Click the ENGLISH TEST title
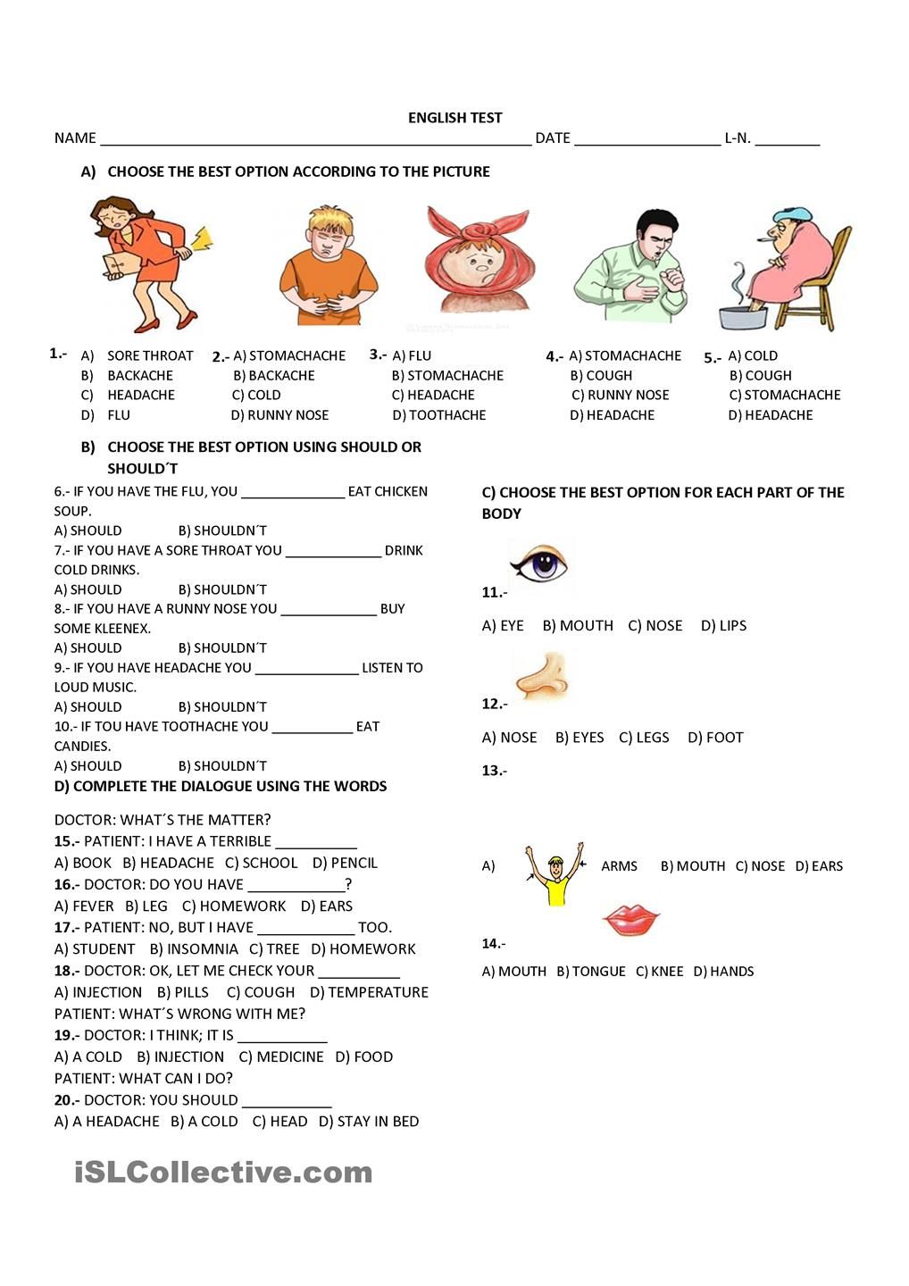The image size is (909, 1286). (x=454, y=118)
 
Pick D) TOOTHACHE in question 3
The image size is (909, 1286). (x=439, y=415)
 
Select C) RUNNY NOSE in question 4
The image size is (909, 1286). (x=620, y=396)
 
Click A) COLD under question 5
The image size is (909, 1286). (x=753, y=356)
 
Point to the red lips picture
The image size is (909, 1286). (x=630, y=919)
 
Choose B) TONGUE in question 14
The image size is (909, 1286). (x=590, y=972)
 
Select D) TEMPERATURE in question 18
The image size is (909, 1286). (x=369, y=992)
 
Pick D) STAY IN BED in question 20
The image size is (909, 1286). (x=368, y=1122)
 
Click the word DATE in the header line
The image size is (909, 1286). (x=553, y=138)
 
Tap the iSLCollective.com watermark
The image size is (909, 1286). (x=223, y=1173)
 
